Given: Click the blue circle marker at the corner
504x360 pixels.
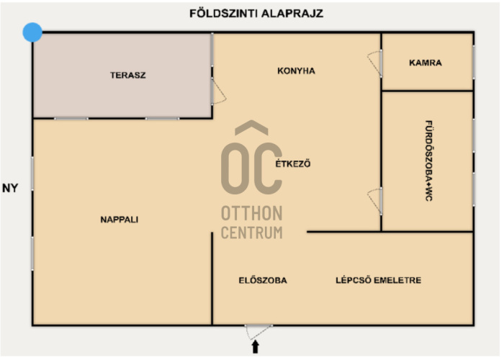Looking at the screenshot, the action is point(32,32).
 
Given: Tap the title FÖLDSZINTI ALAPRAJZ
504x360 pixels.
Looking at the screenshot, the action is point(256,14).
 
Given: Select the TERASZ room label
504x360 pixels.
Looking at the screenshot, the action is point(128,75).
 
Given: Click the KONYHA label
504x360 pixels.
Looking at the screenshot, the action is point(296,71).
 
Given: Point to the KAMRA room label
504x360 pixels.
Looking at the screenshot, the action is point(426,63).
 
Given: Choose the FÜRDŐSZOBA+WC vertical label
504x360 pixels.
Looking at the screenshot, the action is point(429,161).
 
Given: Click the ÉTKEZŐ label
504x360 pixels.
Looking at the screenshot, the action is point(293,163).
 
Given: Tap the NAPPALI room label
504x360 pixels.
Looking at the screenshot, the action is point(120,220).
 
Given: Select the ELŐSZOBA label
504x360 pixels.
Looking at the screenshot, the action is point(263,280).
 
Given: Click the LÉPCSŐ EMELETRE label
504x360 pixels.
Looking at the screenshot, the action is point(378,280).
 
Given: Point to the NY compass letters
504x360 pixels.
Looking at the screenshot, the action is point(10,188).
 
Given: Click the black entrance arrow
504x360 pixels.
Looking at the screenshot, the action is point(256,347).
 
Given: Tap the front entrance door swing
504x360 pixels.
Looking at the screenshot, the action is point(258,332).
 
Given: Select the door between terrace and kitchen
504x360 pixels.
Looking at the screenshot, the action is point(219,91).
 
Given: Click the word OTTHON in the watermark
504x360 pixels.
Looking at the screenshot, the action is point(252,213).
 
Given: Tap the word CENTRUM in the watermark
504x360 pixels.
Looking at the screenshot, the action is point(252,233).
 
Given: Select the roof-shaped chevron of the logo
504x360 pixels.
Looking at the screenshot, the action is point(252,127).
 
